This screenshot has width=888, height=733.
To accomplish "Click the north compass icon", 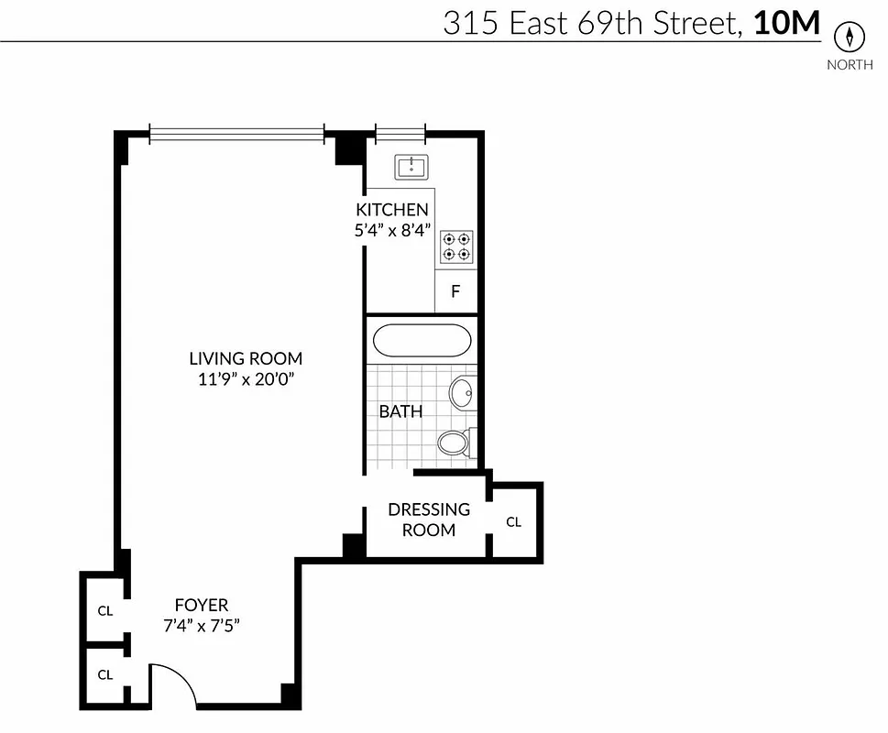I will point(850,38).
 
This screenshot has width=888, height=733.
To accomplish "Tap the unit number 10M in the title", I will point(786,23).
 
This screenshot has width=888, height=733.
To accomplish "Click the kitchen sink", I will point(411,167).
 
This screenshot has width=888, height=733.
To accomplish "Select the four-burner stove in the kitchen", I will point(456,246).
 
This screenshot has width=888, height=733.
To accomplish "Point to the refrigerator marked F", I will point(455,293).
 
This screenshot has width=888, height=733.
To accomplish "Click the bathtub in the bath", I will point(422,341).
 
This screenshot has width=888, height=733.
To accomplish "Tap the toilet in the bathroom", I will point(455,443).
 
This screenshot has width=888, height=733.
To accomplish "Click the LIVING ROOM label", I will point(246,358).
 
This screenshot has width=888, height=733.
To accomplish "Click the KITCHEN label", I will point(392,210).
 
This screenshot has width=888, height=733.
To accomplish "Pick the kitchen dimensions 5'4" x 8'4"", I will point(392,230).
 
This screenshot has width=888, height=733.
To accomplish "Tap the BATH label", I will point(401,411).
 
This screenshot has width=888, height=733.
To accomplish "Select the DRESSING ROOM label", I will point(429,519).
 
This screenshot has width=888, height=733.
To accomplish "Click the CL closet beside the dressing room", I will point(514,521).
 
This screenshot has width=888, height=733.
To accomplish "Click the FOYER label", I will point(202,605).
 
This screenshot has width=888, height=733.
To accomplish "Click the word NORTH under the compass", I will point(850,64).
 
